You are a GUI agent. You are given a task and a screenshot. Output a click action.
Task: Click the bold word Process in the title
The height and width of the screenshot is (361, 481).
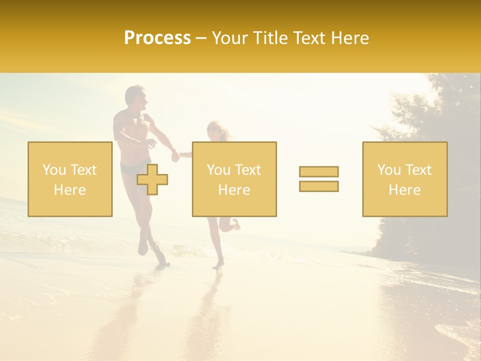[157, 38]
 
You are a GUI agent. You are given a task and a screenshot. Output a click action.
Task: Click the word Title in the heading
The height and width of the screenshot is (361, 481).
[271, 38]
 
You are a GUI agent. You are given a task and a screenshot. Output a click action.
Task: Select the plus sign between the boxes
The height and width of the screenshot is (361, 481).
[152, 180]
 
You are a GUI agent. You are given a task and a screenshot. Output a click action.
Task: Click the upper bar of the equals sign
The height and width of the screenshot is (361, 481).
[319, 171]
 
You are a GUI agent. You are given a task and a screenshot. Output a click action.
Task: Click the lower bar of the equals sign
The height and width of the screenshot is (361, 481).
[319, 186]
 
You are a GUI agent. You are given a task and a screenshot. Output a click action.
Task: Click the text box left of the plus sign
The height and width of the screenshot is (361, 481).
[70, 179]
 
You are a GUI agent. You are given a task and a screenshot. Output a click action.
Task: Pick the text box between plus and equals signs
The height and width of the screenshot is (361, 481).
[234, 179]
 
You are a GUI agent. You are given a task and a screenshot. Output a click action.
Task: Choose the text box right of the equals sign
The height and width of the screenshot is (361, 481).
[404, 179]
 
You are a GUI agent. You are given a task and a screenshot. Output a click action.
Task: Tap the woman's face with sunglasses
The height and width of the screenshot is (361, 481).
[213, 129]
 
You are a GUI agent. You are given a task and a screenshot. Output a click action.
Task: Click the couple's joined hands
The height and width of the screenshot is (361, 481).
[175, 156]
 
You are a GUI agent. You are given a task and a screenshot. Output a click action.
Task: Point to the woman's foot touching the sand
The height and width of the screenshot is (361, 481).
[217, 265]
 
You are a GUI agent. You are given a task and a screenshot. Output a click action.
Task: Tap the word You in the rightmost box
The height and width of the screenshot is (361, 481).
[388, 170]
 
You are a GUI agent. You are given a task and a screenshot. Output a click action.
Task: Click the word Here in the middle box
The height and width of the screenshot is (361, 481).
[234, 190]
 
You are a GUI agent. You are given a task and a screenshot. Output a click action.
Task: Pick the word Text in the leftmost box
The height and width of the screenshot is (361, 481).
[84, 170]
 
